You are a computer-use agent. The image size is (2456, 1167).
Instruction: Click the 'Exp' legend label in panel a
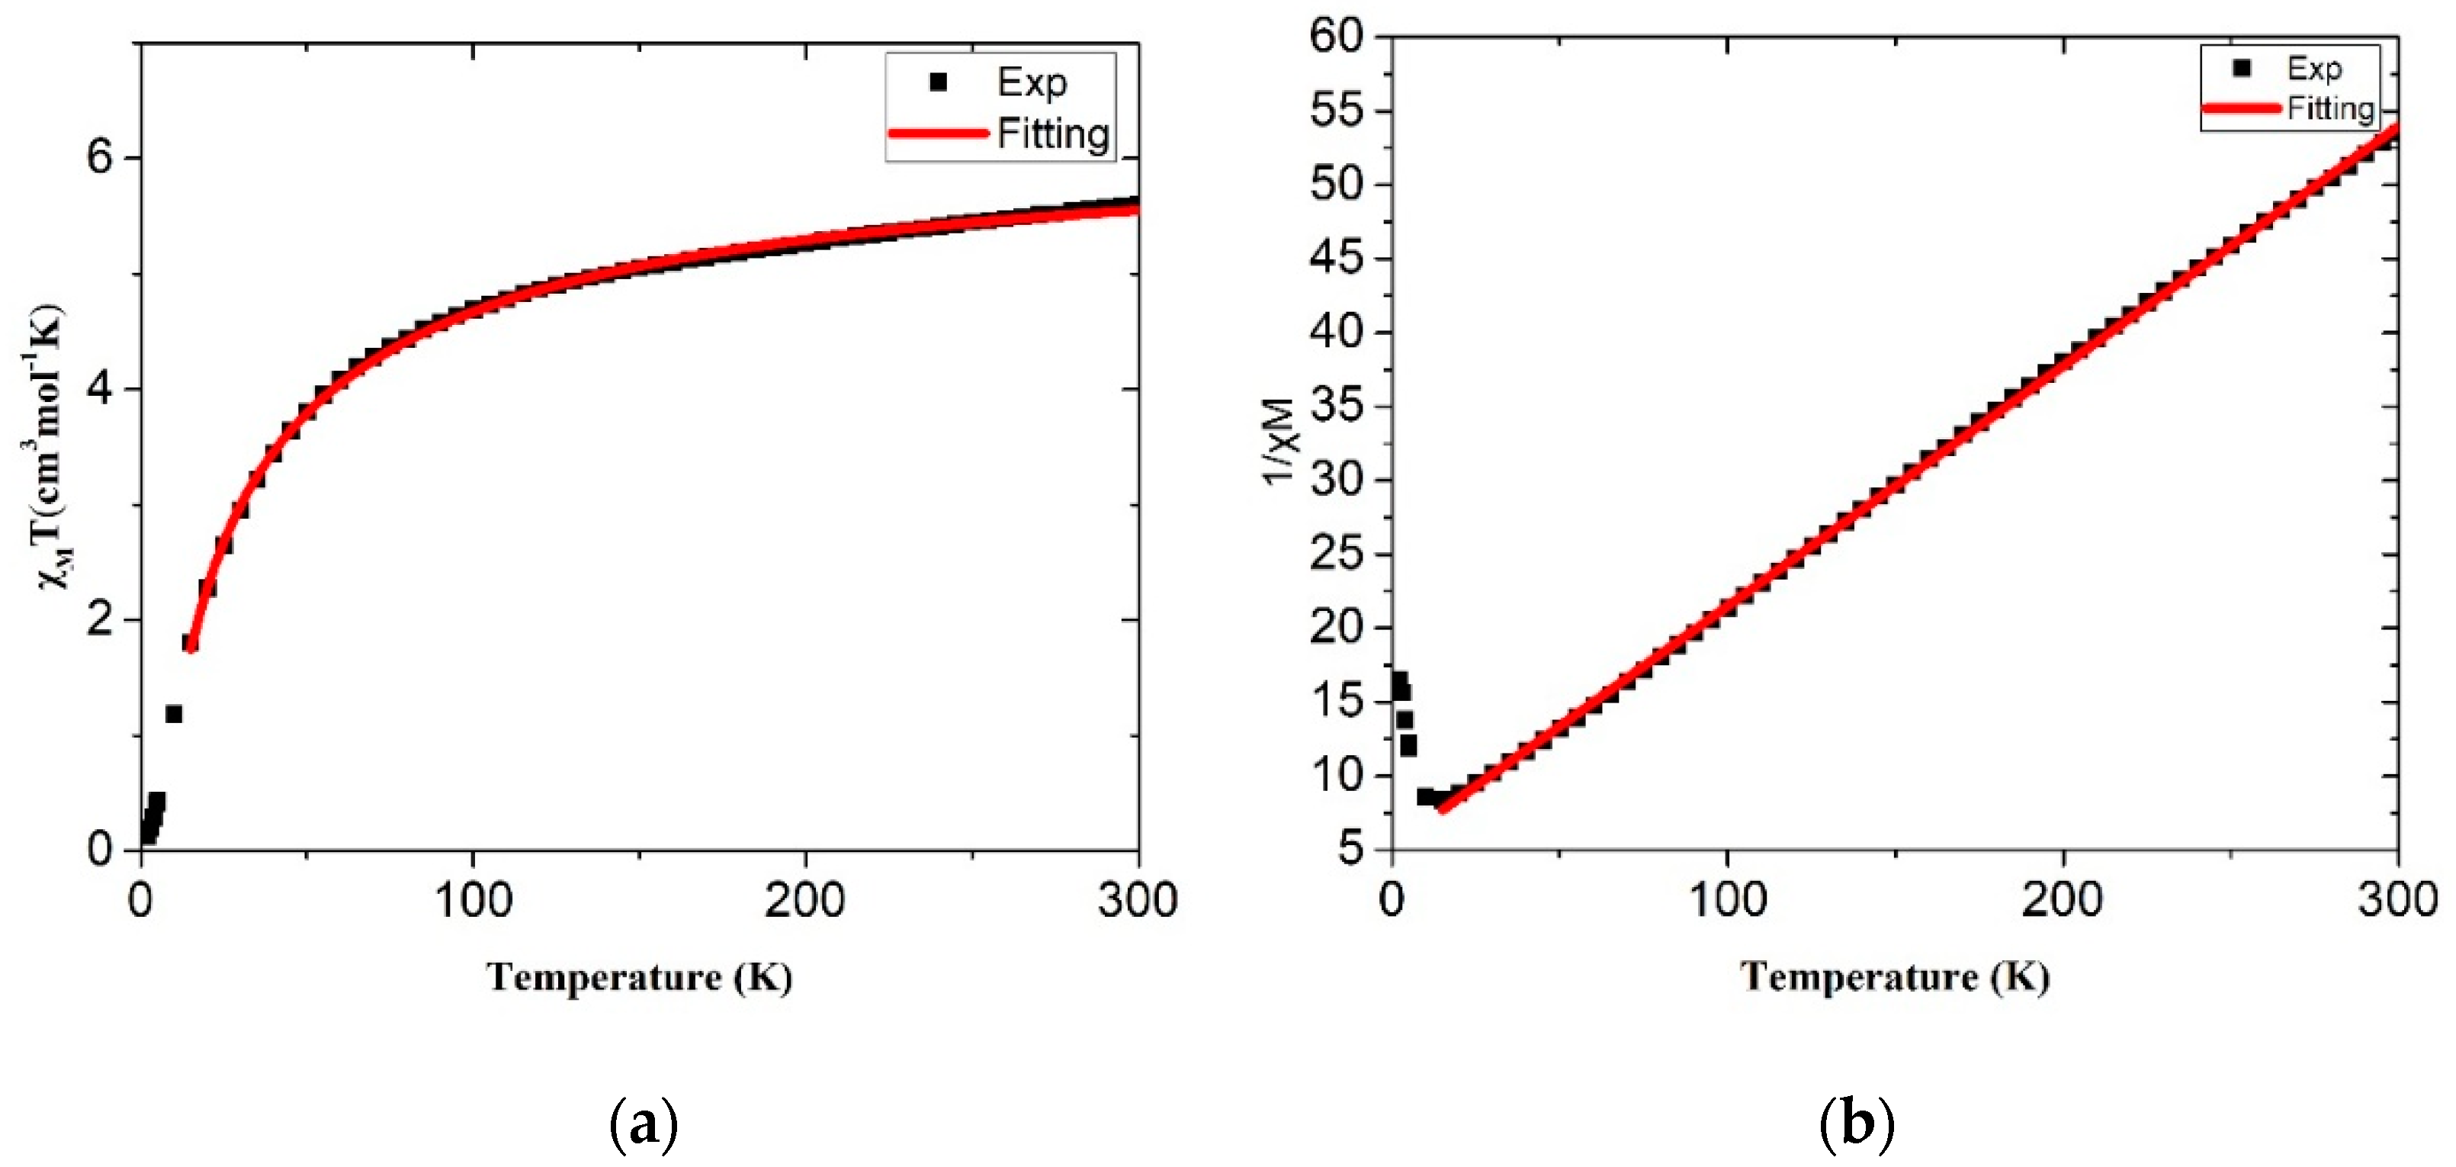point(1032,83)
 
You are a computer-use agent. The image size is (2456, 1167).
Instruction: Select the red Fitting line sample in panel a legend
point(937,133)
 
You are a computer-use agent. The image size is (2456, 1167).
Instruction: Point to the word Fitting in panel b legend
point(2330,108)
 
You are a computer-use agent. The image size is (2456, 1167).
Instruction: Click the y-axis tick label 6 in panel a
point(99,157)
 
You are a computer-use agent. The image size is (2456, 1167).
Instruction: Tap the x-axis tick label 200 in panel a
point(804,900)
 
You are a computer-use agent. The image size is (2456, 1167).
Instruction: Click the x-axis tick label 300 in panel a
point(1138,900)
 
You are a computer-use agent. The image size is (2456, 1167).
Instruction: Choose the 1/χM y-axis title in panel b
point(1280,442)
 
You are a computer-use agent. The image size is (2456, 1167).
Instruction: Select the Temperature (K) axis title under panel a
point(640,977)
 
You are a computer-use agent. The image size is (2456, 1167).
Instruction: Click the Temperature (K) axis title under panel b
point(1895,977)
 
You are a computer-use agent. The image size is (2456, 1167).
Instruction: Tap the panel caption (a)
point(644,1125)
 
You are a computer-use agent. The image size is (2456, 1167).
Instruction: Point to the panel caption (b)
point(1855,1125)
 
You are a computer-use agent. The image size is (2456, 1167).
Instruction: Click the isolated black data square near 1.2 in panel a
point(174,714)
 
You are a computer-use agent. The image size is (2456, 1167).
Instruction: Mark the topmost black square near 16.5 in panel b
point(1398,680)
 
